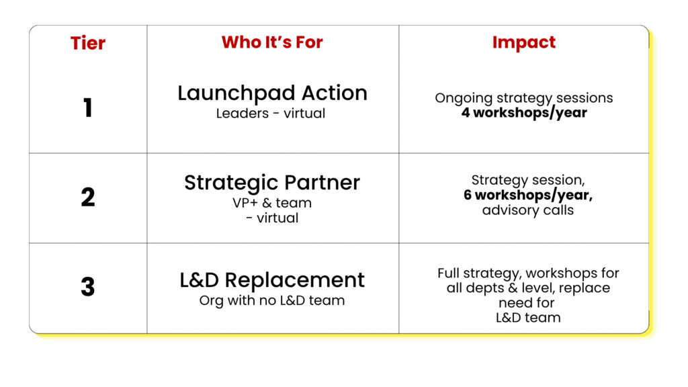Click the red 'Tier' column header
(88, 43)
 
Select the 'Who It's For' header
(272, 42)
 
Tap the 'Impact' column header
(524, 42)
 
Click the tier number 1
(88, 108)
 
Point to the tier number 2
(88, 197)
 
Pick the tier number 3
(88, 286)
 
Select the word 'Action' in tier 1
(335, 93)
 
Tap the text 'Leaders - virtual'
(271, 113)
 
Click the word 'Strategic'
(231, 183)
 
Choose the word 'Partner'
(322, 183)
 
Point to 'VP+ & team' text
(272, 203)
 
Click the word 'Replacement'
(295, 281)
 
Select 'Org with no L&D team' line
(272, 300)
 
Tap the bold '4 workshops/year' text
(524, 113)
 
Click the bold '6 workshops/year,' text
(528, 195)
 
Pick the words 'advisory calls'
(528, 210)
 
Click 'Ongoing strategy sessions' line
(524, 98)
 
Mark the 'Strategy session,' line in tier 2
(528, 180)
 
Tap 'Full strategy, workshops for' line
(528, 273)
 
